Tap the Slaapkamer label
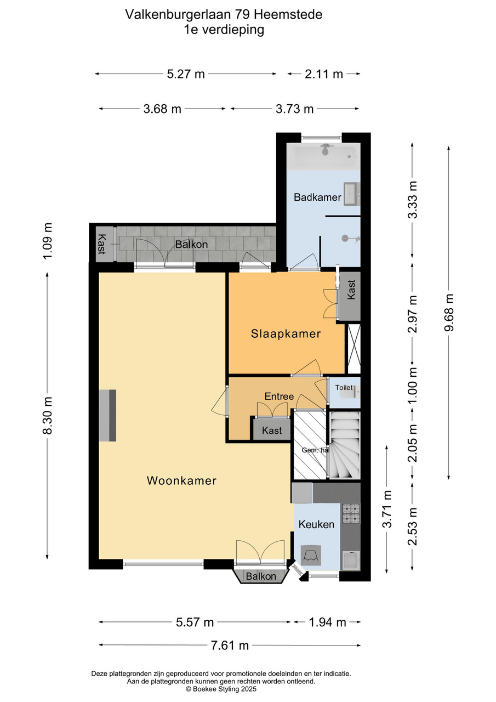[x=286, y=334]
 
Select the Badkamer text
[x=317, y=197]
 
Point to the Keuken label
[x=316, y=524]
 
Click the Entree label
[x=280, y=397]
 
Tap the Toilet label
[x=344, y=388]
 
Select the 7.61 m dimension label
[x=230, y=646]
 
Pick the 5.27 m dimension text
[x=186, y=74]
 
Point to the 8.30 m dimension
[x=47, y=415]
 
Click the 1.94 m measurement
[x=328, y=622]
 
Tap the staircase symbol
[x=344, y=445]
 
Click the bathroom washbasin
[x=352, y=194]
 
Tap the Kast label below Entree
[x=272, y=431]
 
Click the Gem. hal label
[x=315, y=450]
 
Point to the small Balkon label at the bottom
[x=261, y=576]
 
